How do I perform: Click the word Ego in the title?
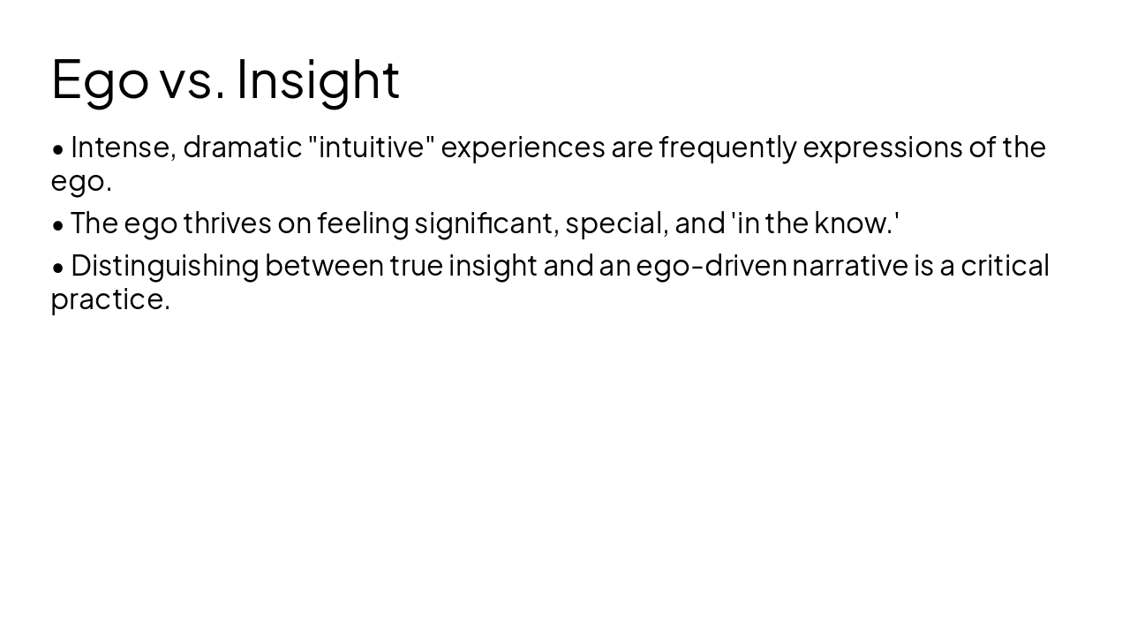coord(100,80)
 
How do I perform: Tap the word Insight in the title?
coord(318,80)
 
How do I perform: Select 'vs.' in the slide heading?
coord(192,80)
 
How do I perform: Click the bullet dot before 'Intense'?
coord(58,149)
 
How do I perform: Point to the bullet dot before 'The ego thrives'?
coord(58,225)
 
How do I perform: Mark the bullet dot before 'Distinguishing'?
coord(58,268)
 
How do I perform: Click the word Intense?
coord(123,148)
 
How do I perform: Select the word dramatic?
coord(242,148)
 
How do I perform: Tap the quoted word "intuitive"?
coord(372,148)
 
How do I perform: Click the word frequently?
coord(727,148)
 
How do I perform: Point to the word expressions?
coord(882,148)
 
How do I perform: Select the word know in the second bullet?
coord(853,223)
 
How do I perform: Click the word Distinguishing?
coord(164,266)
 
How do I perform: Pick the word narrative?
coord(849,266)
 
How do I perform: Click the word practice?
coord(109,299)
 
